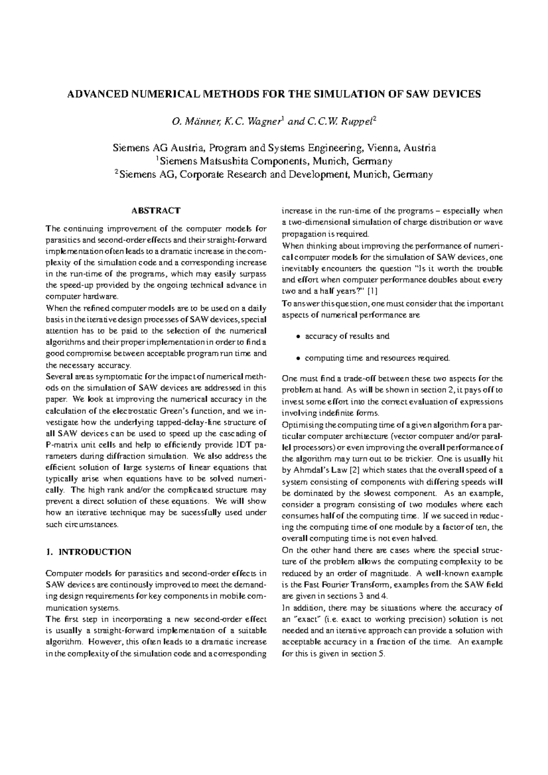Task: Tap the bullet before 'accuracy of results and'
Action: [x=298, y=337]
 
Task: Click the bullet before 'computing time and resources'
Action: [x=298, y=359]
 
